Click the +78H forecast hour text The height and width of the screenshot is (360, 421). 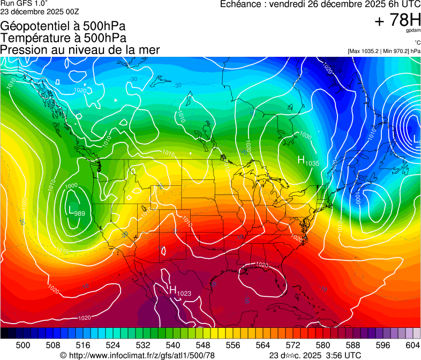click(x=397, y=20)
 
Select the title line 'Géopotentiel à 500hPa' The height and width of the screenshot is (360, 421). click(x=63, y=26)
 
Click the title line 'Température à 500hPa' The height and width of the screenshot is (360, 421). click(x=63, y=38)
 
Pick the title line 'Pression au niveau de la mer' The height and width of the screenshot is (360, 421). click(x=80, y=50)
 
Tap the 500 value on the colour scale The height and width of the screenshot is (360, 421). click(x=22, y=344)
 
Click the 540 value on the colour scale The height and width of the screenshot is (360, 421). click(x=173, y=344)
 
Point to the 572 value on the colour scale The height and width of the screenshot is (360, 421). click(x=293, y=344)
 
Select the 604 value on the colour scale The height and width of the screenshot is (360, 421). click(x=413, y=344)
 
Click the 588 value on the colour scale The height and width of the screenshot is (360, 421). click(x=353, y=344)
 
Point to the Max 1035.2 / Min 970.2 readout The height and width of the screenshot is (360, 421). click(x=384, y=51)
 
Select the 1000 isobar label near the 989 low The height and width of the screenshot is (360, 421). click(x=71, y=186)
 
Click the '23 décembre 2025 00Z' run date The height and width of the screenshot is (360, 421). click(x=40, y=11)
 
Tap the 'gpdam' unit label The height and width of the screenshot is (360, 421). click(x=413, y=31)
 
